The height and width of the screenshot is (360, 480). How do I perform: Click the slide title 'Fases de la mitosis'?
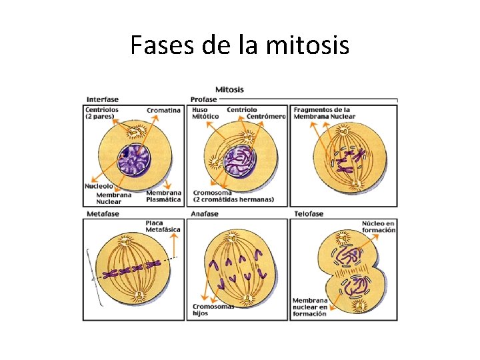pyautogui.click(x=239, y=46)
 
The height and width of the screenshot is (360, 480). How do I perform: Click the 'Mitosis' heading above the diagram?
pyautogui.click(x=229, y=89)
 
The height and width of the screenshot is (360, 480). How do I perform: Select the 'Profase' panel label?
pyautogui.click(x=203, y=100)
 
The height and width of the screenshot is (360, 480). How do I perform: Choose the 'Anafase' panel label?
pyautogui.click(x=204, y=214)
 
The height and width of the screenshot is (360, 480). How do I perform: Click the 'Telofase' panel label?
pyautogui.click(x=309, y=214)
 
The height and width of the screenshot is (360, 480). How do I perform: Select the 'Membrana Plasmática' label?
pyautogui.click(x=163, y=197)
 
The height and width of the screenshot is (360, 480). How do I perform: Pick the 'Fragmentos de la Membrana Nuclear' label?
pyautogui.click(x=323, y=113)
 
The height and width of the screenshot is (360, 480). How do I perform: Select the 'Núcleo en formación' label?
pyautogui.click(x=378, y=226)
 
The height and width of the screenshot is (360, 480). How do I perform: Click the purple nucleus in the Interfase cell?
pyautogui.click(x=136, y=163)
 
